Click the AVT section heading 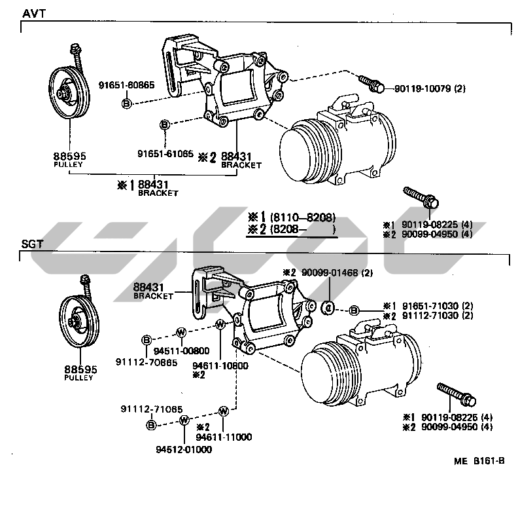pyautogui.click(x=33, y=14)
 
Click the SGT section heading pyautogui.click(x=32, y=244)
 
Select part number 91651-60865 pyautogui.click(x=126, y=85)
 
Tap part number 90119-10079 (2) pyautogui.click(x=430, y=88)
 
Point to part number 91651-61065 pyautogui.click(x=165, y=153)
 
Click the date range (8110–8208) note pyautogui.click(x=303, y=217)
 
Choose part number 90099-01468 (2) pyautogui.click(x=337, y=272)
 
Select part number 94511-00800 pyautogui.click(x=182, y=351)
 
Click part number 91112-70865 pyautogui.click(x=147, y=362)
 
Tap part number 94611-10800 pyautogui.click(x=220, y=366)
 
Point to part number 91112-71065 pyautogui.click(x=152, y=409)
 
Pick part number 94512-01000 pyautogui.click(x=184, y=450)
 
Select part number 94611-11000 pyautogui.click(x=224, y=437)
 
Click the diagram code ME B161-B pyautogui.click(x=479, y=461)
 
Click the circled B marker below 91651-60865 pyautogui.click(x=126, y=103)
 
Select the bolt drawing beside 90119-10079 pyautogui.click(x=371, y=83)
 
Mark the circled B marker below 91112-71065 pyautogui.click(x=151, y=425)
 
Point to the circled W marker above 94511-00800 pyautogui.click(x=181, y=332)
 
